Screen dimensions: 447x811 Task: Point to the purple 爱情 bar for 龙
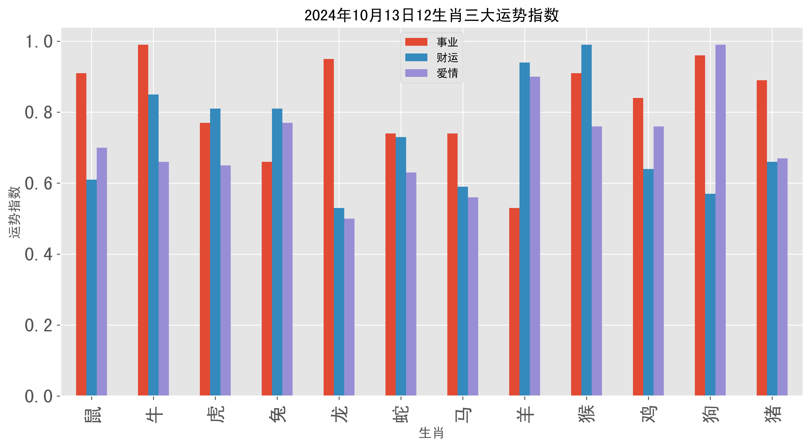(x=349, y=307)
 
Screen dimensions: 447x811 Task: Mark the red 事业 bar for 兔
(x=267, y=279)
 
